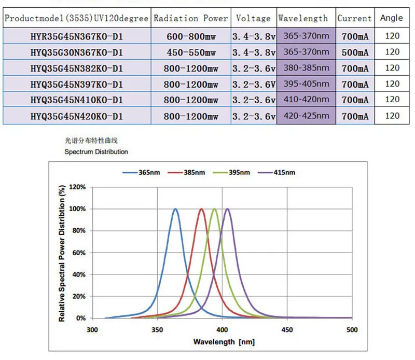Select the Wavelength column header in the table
point(303,18)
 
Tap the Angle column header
point(391,18)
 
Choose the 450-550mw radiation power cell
point(191,52)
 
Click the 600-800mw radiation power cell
point(191,37)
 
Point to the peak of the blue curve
point(175,209)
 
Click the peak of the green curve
point(214,209)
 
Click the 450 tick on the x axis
point(287,329)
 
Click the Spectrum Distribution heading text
point(96,152)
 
